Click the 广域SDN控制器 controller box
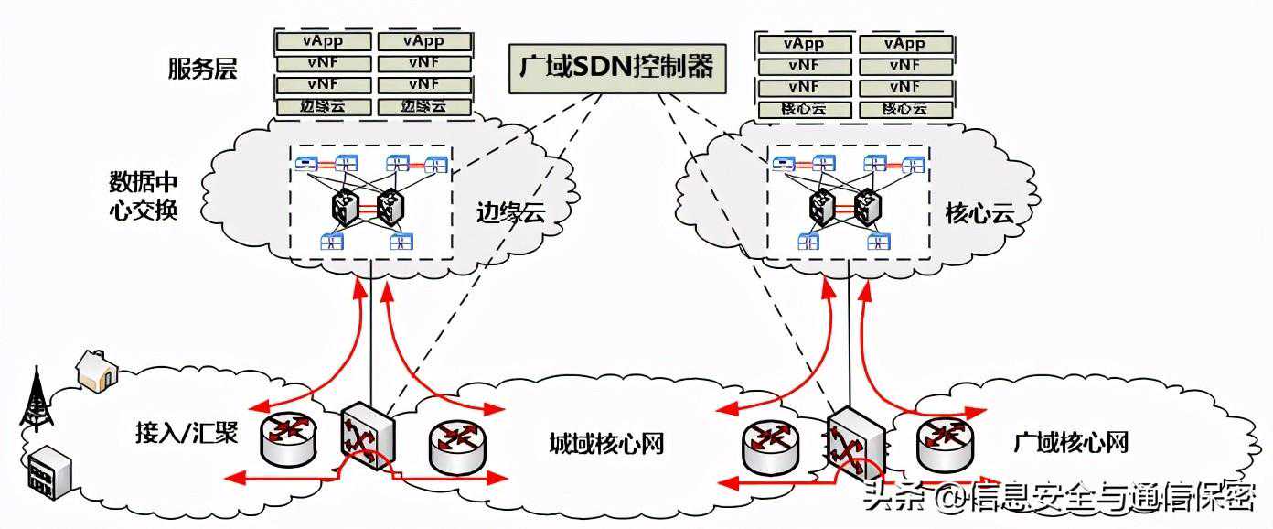tap(615, 66)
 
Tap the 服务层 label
tap(202, 70)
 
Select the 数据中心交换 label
tap(143, 194)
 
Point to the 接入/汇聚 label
tap(186, 431)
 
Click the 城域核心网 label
tap(605, 444)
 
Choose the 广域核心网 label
tap(1071, 444)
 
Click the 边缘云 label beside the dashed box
tap(510, 213)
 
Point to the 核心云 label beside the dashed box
tap(979, 215)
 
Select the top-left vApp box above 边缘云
tap(324, 41)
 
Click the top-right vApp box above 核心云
tap(904, 43)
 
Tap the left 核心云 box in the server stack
tap(804, 109)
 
